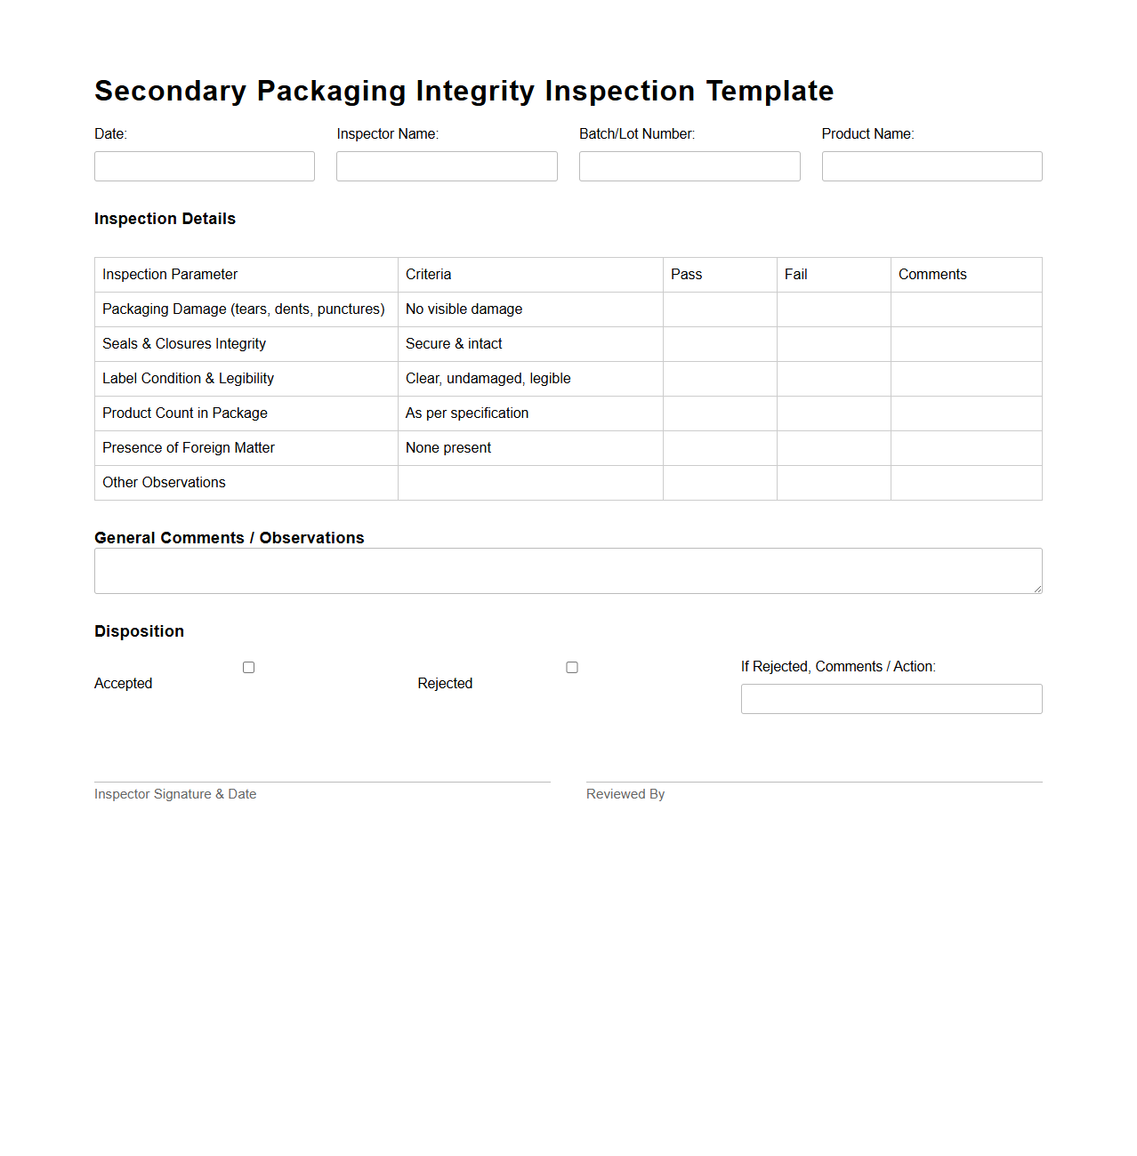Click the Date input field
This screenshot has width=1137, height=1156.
[x=205, y=166]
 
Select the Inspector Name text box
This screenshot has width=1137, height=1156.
[x=447, y=166]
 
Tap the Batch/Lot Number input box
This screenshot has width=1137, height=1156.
[x=689, y=166]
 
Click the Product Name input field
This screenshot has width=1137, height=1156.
[x=931, y=166]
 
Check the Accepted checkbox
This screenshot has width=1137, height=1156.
[x=249, y=668]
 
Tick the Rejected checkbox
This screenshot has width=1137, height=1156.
[x=572, y=668]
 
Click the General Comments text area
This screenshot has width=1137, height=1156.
[x=568, y=571]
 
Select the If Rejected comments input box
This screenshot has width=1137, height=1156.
[x=891, y=699]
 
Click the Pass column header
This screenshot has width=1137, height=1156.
[x=687, y=275]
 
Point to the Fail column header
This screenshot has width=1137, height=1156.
[x=796, y=275]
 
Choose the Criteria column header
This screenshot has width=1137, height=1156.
[x=429, y=275]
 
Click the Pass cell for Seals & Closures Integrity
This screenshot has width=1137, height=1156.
[x=720, y=344]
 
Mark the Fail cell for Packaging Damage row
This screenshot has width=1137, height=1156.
[x=834, y=309]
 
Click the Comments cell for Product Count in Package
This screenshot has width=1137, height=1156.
[x=966, y=413]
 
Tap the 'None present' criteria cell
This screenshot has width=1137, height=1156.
[x=448, y=448]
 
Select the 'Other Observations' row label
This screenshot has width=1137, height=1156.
[x=165, y=483]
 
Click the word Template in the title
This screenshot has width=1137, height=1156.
[x=770, y=91]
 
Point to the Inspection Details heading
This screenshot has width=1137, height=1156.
[x=165, y=219]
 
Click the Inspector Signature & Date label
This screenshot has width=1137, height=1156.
[x=175, y=794]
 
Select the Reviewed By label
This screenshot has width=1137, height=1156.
[x=625, y=794]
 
